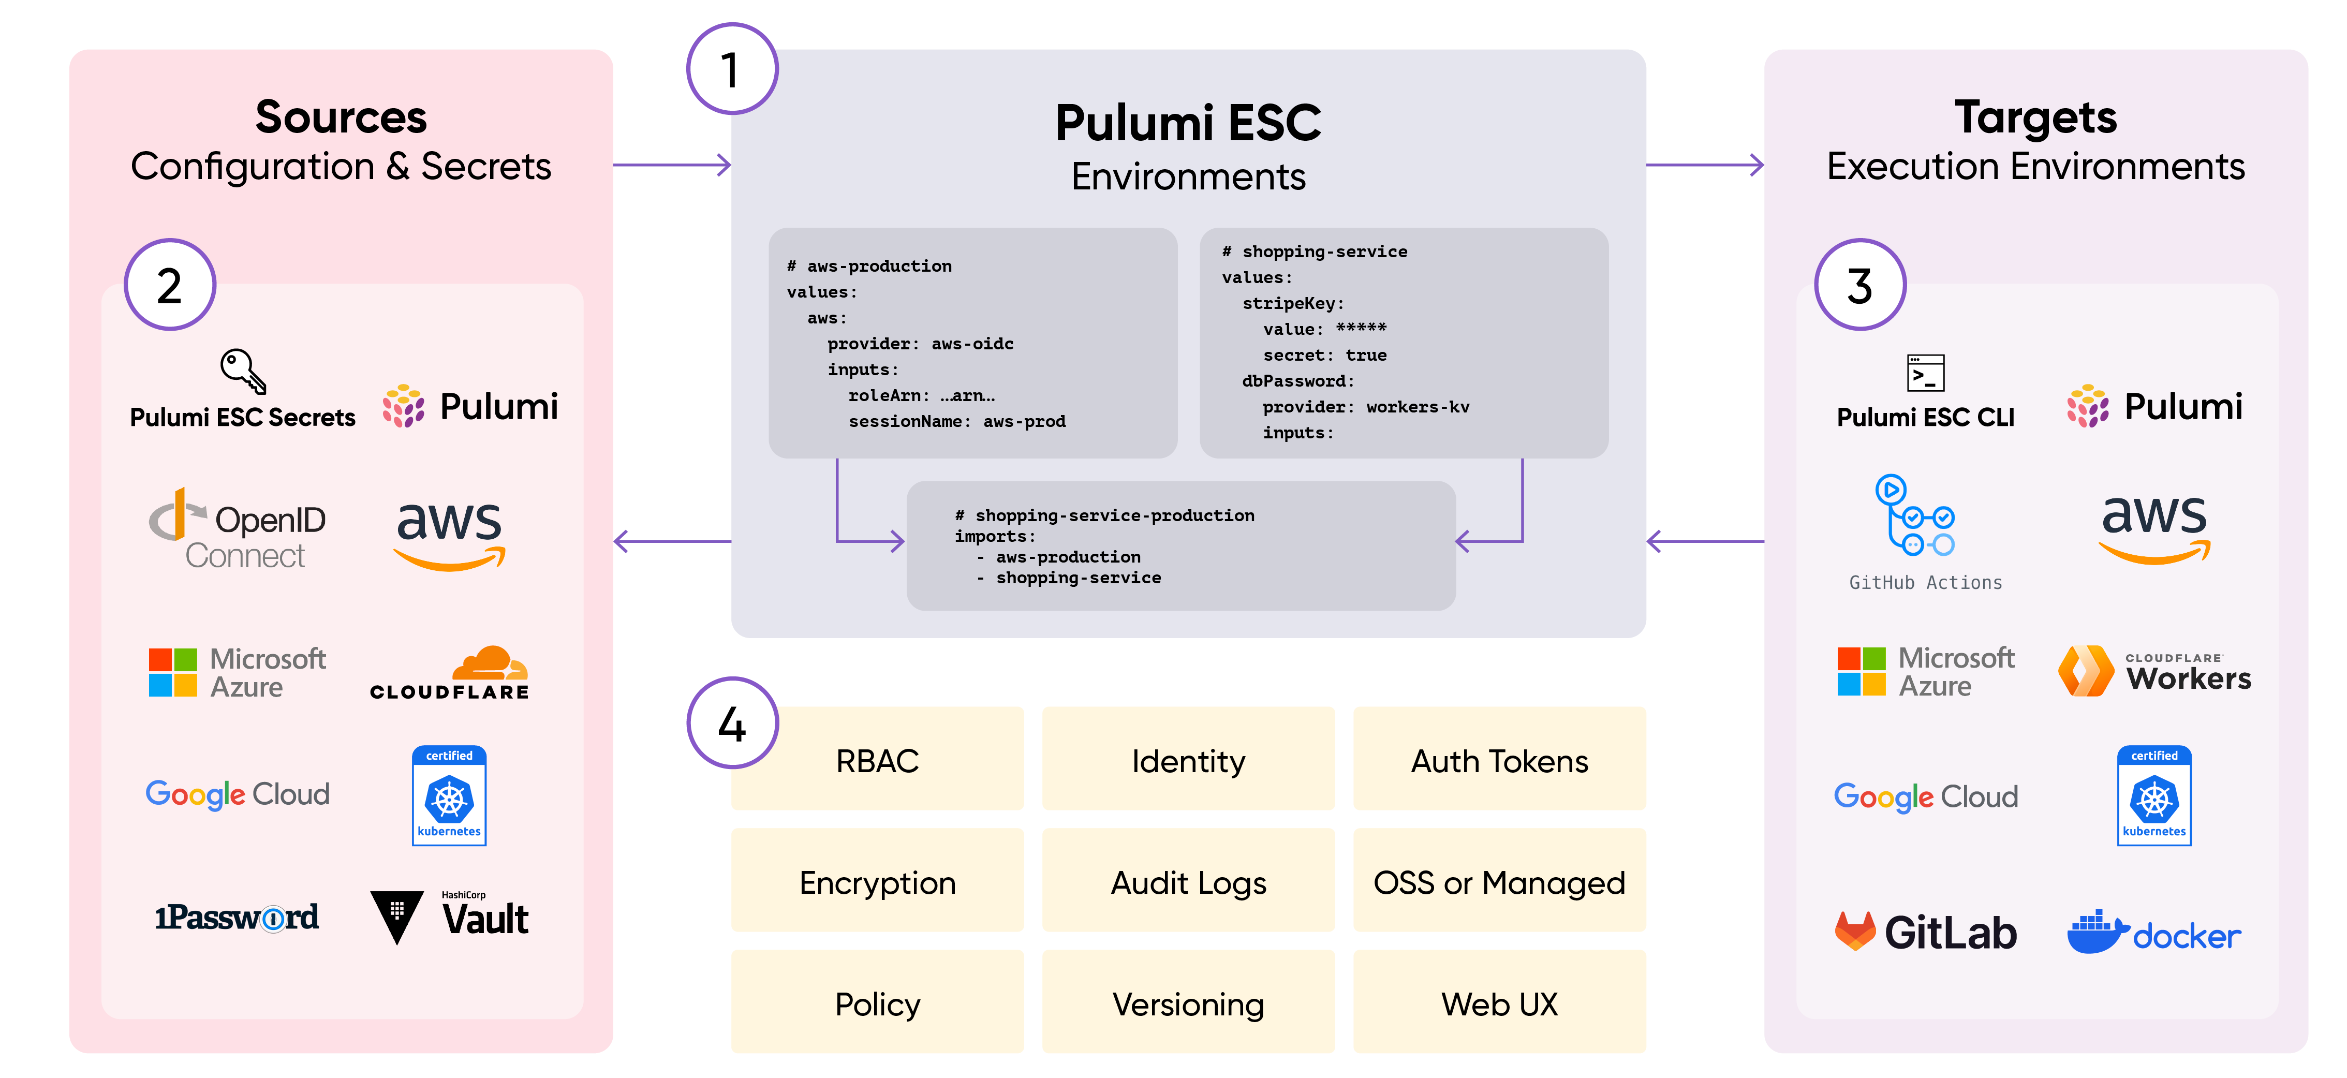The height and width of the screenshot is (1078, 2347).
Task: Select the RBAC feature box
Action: (x=877, y=760)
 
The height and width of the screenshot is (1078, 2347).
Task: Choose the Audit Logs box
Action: (x=1188, y=881)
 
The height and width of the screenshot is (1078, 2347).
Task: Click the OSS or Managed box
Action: (x=1499, y=881)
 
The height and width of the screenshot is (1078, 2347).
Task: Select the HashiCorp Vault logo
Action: (x=450, y=916)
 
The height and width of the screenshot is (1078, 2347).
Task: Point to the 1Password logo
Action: (x=237, y=917)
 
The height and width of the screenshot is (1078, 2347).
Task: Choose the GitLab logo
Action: (x=1925, y=932)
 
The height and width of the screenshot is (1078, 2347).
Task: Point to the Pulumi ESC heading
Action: (x=1188, y=123)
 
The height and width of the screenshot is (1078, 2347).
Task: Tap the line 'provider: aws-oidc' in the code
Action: (x=920, y=344)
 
